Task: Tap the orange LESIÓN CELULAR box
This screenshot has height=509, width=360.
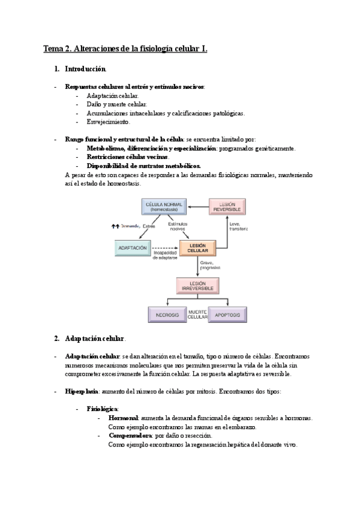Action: coord(197,247)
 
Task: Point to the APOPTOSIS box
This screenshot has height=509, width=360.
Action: coord(227,314)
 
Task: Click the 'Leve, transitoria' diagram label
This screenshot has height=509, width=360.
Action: coord(238,226)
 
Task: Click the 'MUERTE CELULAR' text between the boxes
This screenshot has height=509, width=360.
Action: coord(197,314)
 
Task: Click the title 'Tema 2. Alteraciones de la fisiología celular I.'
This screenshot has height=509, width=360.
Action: coord(125,49)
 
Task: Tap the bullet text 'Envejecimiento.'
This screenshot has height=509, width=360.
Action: coord(108,122)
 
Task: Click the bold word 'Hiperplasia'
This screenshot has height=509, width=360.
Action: coord(81,391)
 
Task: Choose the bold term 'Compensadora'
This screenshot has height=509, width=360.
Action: coord(129,435)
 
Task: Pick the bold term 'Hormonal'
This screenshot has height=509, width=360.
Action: coord(124,418)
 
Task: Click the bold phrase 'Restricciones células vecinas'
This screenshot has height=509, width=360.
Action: coord(127,157)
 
